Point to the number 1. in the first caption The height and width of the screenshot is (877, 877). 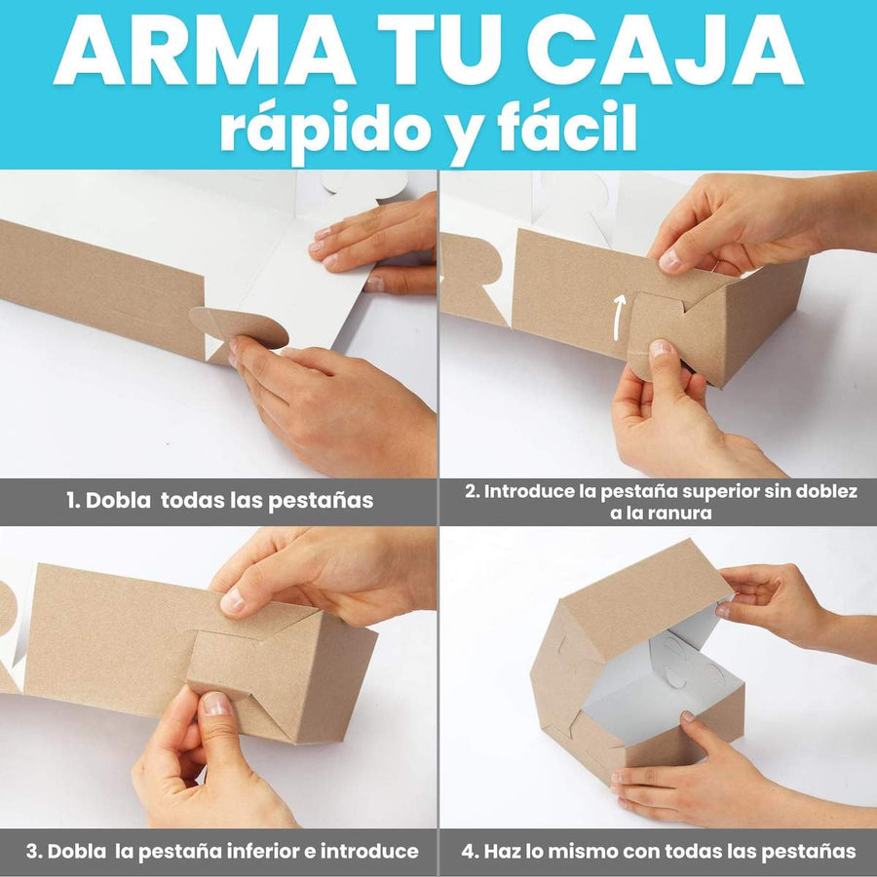73,501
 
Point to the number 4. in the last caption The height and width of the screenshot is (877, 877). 470,852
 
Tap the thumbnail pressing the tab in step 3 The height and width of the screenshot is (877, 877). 216,704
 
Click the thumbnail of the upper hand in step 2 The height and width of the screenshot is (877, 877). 670,260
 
